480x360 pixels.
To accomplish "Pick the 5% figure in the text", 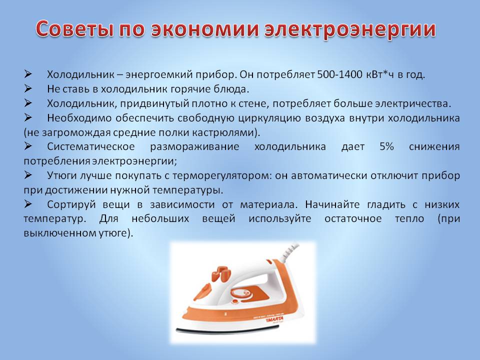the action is pos(386,146).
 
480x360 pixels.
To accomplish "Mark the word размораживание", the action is pos(194,147).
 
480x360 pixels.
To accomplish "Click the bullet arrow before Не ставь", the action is pos(28,88).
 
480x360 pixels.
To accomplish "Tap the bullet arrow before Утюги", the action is pos(28,175).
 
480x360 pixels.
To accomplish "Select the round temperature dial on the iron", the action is pos(241,295).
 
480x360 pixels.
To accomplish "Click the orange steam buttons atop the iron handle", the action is pos(221,272).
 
